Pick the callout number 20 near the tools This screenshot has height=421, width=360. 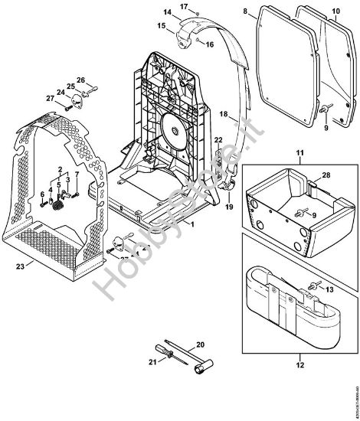point(201,344)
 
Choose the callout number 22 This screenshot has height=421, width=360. point(218,139)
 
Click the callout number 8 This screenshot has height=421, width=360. point(245,11)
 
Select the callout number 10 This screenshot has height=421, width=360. point(335,11)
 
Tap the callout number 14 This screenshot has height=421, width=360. point(167,11)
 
